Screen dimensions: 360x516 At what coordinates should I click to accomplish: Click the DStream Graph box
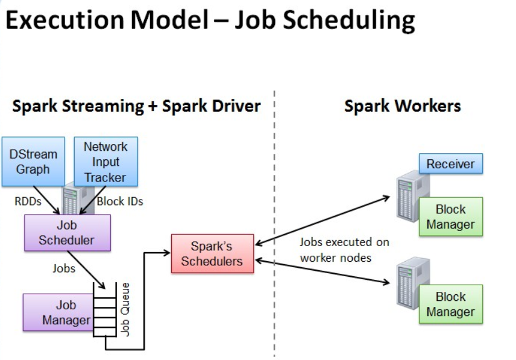(x=33, y=162)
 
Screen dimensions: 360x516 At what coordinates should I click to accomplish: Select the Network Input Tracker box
(x=105, y=162)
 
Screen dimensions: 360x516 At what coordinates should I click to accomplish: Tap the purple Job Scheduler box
(x=67, y=233)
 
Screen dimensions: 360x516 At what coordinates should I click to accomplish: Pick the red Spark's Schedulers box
(x=212, y=253)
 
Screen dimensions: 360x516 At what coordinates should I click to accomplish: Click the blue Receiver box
(x=450, y=163)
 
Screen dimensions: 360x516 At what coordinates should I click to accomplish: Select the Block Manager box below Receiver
(x=450, y=217)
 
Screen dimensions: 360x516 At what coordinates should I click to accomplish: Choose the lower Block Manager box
(x=450, y=304)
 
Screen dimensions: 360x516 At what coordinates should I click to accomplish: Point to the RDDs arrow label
(x=28, y=201)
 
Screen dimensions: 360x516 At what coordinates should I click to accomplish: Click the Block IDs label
(x=119, y=201)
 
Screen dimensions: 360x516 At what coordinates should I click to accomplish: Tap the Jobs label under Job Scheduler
(x=63, y=268)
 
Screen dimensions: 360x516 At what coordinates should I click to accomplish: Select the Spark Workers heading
(x=402, y=107)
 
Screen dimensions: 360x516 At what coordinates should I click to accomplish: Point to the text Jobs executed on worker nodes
(x=344, y=250)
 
